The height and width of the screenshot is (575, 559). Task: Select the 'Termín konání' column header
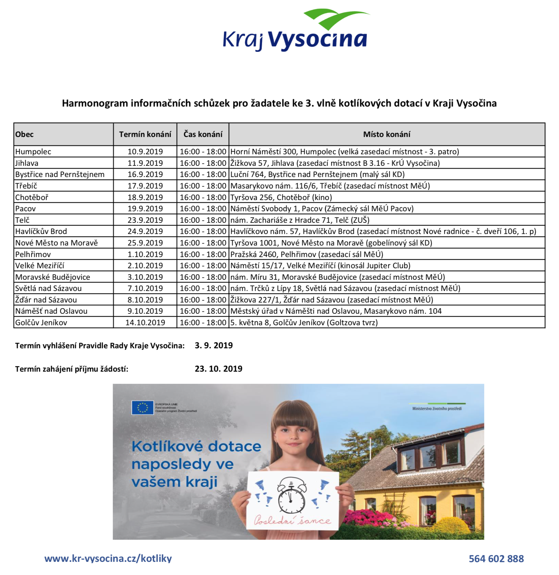[145, 134]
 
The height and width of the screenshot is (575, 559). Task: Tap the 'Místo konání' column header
[386, 134]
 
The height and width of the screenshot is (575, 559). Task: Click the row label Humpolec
[33, 151]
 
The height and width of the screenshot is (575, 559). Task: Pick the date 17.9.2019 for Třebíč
[145, 186]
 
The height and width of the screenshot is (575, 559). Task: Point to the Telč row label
[22, 220]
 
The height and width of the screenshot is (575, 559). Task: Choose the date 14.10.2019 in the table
[145, 322]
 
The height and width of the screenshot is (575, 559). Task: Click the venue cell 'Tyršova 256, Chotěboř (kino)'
[281, 197]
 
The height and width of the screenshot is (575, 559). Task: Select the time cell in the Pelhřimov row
[203, 254]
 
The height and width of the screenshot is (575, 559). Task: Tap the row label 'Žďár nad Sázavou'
[46, 300]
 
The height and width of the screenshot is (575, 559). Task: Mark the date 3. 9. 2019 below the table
[214, 345]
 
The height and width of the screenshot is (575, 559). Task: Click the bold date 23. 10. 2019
[218, 369]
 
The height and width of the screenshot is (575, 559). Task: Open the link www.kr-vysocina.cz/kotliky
[108, 558]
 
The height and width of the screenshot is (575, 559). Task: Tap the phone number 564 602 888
[496, 559]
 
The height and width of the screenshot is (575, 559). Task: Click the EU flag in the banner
[142, 408]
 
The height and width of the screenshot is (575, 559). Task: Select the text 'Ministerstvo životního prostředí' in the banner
[437, 409]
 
